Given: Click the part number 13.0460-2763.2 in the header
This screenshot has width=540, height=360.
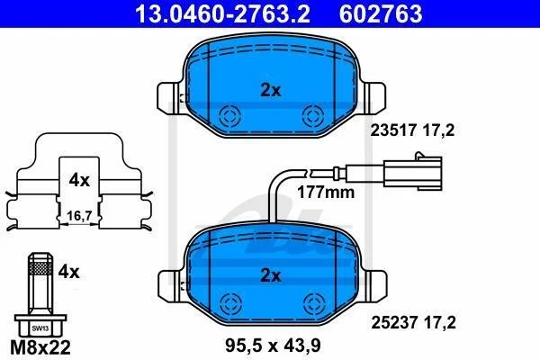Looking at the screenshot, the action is pos(222,13).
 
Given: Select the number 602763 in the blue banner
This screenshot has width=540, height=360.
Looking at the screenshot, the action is pos(381,13).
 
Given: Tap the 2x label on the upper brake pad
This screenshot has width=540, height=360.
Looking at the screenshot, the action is pos(270,91).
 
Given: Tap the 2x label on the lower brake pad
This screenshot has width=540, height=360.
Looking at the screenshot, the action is pos(270,275).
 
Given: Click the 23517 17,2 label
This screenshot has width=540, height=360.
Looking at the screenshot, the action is pos(412,130).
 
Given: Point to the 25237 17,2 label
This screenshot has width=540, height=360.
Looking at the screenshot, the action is pos(413,323).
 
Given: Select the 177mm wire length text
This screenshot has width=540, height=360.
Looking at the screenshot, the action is pos(326,193).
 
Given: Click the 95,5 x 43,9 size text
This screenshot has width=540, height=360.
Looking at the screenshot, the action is pos(273,346).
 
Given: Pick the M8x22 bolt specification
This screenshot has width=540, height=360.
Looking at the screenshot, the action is pos(40,347).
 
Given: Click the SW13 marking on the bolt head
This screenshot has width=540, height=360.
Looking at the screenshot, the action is pos(40,328).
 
